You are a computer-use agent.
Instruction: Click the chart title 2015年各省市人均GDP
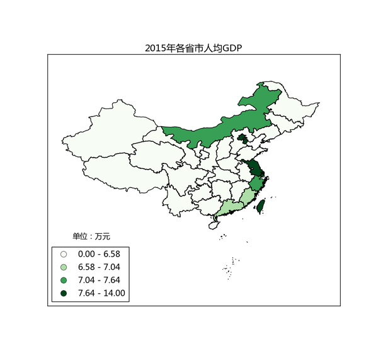(193, 48)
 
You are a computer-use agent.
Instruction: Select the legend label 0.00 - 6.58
(98, 253)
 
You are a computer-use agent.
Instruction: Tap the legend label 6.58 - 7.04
(98, 267)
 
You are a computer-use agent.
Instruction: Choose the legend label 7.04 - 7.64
(98, 280)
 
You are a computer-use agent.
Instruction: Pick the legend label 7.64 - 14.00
(101, 293)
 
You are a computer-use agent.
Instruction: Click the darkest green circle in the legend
(64, 293)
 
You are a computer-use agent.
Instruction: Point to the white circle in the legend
(64, 254)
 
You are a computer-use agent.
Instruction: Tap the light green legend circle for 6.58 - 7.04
(64, 267)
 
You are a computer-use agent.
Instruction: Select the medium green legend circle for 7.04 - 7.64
(64, 280)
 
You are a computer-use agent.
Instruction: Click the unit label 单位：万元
(91, 236)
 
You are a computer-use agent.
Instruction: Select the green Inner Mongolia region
(220, 129)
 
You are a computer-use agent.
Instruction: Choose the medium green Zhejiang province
(256, 184)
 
